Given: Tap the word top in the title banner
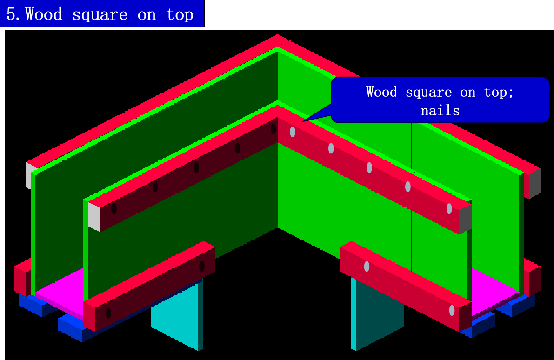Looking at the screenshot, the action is (x=180, y=14).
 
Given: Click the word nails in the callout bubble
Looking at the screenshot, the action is (x=440, y=111).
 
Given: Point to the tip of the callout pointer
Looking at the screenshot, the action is (x=301, y=122).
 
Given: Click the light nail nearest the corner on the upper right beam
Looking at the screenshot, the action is (x=293, y=132).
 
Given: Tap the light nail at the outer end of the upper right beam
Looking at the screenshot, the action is (x=449, y=209).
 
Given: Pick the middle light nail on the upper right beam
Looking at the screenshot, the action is (x=369, y=167).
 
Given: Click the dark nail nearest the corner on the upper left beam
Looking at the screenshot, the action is (x=274, y=129).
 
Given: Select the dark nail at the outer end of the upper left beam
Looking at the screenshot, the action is (x=114, y=208).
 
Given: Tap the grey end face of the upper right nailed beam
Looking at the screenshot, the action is (x=465, y=219).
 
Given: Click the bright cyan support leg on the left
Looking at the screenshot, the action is (x=174, y=321).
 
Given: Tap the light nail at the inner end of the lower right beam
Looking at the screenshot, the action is (x=367, y=267).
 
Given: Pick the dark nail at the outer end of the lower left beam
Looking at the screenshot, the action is (x=108, y=313).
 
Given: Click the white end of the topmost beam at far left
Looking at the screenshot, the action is (x=30, y=174).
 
